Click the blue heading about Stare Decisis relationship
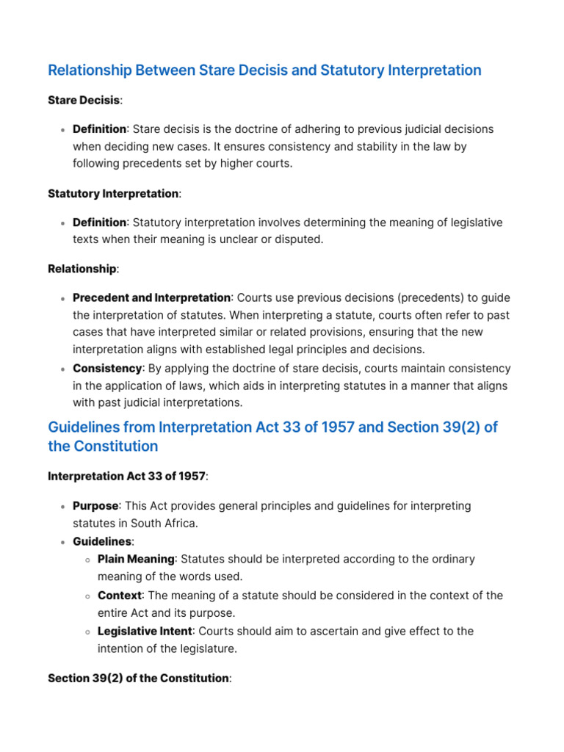point(264,70)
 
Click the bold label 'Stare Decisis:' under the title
point(84,100)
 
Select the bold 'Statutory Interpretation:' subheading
point(113,194)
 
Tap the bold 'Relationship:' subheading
point(82,269)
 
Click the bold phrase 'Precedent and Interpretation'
point(152,298)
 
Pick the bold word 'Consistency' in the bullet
point(107,369)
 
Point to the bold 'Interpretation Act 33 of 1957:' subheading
point(127,477)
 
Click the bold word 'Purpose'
point(95,506)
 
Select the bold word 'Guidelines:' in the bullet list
point(103,541)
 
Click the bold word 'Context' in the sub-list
point(120,596)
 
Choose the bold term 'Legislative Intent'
point(145,632)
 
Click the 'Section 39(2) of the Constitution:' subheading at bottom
point(139,679)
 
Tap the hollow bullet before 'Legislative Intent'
point(87,632)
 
